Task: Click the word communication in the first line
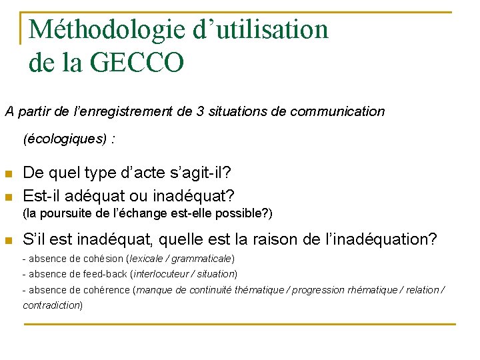[336, 111]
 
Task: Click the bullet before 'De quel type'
[9, 173]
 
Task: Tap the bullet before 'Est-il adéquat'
[9, 197]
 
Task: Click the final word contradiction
[52, 305]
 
